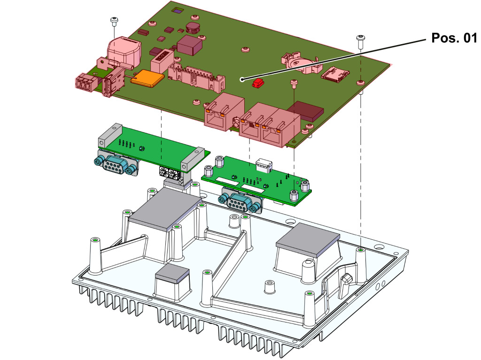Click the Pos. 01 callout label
pos(453,38)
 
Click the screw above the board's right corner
pos(360,40)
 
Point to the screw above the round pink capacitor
pos(114,21)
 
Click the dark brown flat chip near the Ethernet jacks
pos(306,110)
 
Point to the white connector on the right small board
pos(264,165)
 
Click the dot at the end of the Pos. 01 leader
pos(242,80)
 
